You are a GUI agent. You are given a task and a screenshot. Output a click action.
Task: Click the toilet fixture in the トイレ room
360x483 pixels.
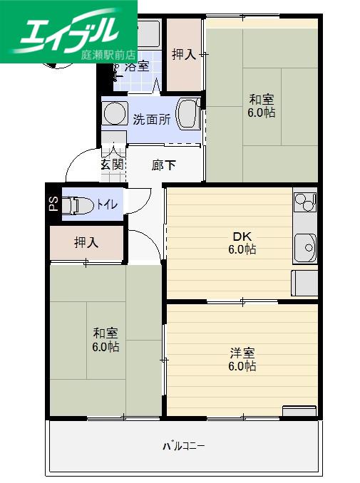pos(78,205)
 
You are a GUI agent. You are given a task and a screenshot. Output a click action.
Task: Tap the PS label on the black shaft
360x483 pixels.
pos(54,204)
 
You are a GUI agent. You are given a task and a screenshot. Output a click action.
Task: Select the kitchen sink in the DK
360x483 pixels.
pos(305,249)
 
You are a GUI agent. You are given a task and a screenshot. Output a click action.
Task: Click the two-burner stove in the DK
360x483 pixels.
pos(305,202)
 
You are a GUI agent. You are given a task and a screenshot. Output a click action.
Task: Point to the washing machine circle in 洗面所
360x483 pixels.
pos(115,113)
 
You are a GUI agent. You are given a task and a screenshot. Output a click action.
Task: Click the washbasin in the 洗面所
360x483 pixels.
pos(188,114)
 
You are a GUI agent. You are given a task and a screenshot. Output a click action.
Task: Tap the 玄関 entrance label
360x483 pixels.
pos(113,165)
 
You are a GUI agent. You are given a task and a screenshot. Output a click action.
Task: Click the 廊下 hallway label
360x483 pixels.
pos(164,165)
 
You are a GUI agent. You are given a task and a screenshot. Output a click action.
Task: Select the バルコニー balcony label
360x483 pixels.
pos(184,446)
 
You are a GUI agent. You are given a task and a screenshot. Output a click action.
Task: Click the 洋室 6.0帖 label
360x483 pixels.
pos(242,360)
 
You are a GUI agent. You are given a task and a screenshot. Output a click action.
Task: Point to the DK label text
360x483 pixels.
pos(242,237)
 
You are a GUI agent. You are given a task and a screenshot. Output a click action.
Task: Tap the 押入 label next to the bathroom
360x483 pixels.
pos(184,55)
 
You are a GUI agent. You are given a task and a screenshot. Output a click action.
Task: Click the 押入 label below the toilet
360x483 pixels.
pos(86,242)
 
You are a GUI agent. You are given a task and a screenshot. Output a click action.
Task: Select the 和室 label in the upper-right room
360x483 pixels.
pos(262,100)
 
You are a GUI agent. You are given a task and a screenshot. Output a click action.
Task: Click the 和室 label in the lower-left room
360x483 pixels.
pos(106,333)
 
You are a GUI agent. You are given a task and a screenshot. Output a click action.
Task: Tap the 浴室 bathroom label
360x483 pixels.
pos(137,66)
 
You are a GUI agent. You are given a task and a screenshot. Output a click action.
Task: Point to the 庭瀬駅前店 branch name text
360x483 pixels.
pos(108,55)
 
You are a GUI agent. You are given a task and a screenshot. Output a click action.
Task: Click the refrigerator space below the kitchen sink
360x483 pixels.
pos(304,283)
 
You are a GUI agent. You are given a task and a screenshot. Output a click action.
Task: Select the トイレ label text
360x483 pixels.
pos(107,204)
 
